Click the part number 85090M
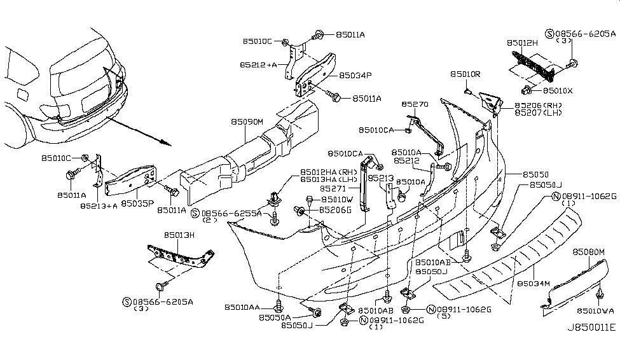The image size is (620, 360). [247, 120]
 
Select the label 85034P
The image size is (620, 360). [355, 75]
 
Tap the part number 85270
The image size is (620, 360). [415, 104]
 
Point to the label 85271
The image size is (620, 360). [333, 188]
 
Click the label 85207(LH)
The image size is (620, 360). [538, 113]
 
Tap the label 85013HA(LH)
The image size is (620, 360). [328, 179]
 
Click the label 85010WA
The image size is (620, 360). [595, 311]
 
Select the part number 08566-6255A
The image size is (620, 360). [231, 214]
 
